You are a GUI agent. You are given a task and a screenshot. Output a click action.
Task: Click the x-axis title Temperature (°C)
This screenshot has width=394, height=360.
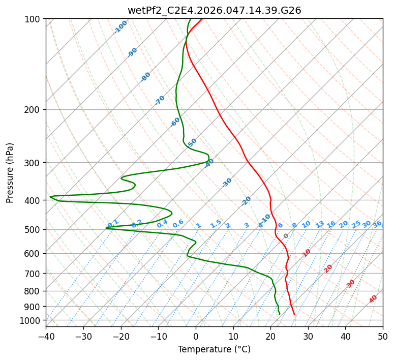point(214,350)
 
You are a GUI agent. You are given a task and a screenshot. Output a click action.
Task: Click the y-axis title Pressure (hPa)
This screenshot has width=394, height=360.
point(10,173)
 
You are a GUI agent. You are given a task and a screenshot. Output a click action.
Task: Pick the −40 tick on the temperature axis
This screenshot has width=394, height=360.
point(46,336)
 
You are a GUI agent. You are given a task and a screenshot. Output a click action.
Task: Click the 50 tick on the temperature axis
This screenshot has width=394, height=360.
point(383,336)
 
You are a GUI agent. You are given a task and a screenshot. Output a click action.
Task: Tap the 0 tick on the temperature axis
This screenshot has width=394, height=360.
point(196,336)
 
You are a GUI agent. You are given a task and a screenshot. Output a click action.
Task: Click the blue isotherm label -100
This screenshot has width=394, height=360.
point(120,26)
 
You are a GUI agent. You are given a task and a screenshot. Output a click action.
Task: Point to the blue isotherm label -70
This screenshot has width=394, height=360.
point(160,100)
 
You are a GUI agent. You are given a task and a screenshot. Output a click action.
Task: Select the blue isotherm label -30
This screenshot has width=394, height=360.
point(227,183)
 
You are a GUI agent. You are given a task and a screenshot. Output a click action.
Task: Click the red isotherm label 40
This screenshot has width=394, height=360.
point(373,299)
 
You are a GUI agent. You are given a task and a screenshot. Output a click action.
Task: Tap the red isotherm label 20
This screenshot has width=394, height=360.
point(328,268)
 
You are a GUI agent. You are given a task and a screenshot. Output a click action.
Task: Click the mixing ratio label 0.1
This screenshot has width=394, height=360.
point(113,223)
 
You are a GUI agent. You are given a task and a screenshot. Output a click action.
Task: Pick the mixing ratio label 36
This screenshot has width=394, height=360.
point(377,224)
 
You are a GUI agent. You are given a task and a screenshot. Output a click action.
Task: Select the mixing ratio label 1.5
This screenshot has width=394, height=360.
point(216,224)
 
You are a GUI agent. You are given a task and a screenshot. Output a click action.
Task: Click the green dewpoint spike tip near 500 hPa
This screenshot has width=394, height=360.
point(106,228)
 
